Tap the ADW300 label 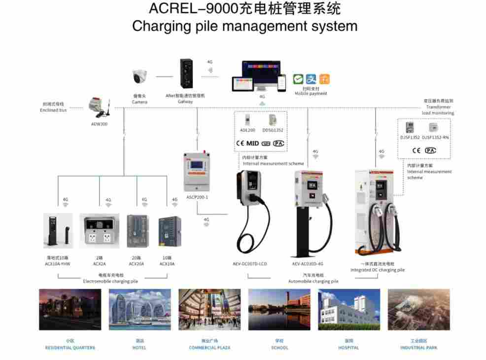pyautogui.click(x=99, y=124)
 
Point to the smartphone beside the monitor pyautogui.click(x=281, y=82)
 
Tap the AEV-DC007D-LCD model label pyautogui.click(x=251, y=264)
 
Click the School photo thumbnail pyautogui.click(x=279, y=310)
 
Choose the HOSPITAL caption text pyautogui.click(x=349, y=348)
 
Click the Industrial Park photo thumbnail pyautogui.click(x=418, y=310)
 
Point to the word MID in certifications pyautogui.click(x=252, y=144)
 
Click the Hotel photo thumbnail pyautogui.click(x=140, y=310)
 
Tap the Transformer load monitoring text pyautogui.click(x=438, y=107)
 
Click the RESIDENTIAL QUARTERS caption pyautogui.click(x=70, y=348)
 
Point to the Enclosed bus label pyautogui.click(x=53, y=108)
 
